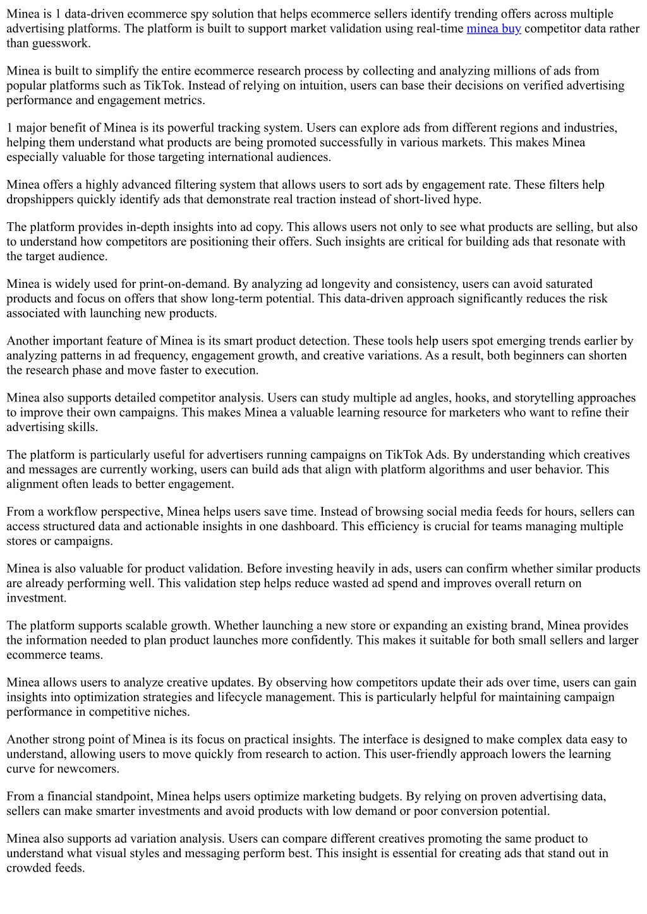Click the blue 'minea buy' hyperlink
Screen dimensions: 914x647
click(x=493, y=28)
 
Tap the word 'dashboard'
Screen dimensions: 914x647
click(x=305, y=526)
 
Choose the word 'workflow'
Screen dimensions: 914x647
click(x=72, y=512)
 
